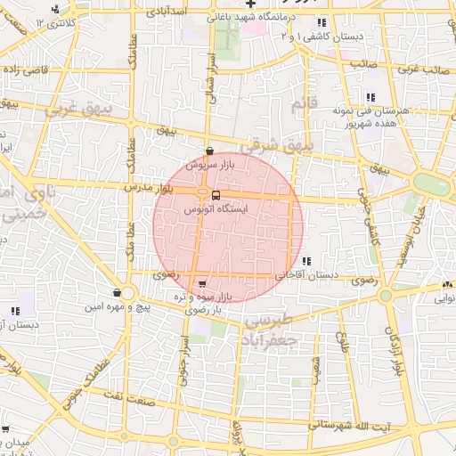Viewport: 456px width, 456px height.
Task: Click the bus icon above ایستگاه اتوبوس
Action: tap(216, 195)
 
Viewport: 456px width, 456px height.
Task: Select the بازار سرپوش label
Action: tap(208, 165)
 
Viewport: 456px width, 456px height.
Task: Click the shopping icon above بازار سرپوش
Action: tap(209, 151)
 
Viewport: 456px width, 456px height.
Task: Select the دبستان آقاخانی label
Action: tap(306, 275)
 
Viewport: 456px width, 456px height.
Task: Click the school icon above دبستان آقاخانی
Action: tap(306, 261)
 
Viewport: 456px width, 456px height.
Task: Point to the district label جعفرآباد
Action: tap(267, 339)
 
